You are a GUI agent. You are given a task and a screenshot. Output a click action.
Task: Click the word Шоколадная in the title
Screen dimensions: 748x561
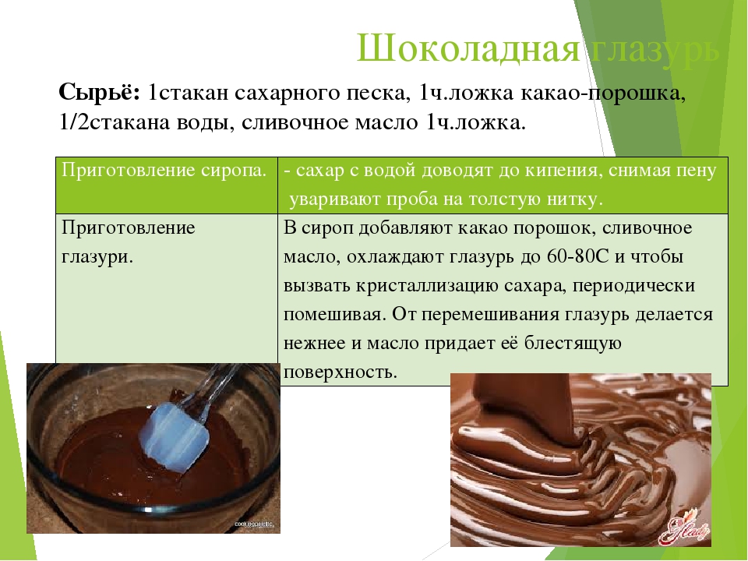click(468, 48)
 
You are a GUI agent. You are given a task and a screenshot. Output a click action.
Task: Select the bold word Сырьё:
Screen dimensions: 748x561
click(99, 93)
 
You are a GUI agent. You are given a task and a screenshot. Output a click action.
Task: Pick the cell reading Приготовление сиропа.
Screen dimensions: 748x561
click(164, 171)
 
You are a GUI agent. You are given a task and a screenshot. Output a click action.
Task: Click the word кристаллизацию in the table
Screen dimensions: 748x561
click(426, 286)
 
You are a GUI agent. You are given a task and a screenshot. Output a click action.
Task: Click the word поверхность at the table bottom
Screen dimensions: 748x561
click(340, 372)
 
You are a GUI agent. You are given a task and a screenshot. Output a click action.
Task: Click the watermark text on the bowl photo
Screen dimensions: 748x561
click(254, 524)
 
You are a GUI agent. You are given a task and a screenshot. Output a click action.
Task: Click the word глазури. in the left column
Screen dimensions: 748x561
click(96, 257)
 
